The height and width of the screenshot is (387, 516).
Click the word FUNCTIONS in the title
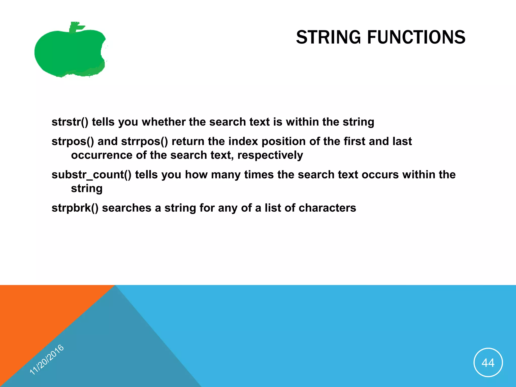416,37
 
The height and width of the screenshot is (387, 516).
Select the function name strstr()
70,122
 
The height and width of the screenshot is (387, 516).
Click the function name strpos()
73,142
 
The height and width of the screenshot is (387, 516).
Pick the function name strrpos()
144,142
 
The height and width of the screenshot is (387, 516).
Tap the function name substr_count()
91,175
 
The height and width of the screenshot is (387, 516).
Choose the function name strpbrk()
75,208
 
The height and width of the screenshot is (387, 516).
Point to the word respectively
270,155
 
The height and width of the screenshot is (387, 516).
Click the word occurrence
102,155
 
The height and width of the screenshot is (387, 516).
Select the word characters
327,208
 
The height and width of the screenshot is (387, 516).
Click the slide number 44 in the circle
488,363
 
